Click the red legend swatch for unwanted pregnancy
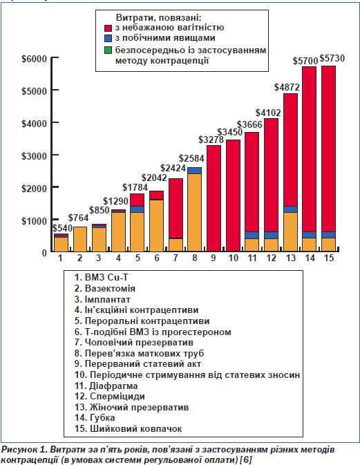[x=108, y=28]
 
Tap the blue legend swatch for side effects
[x=108, y=38]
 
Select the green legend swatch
[x=108, y=50]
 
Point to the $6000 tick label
[x=34, y=59]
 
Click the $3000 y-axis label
[x=34, y=155]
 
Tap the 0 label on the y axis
[x=44, y=253]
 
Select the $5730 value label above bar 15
[x=332, y=58]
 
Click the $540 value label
[x=63, y=228]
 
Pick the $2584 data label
[x=191, y=158]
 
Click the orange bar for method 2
[x=80, y=239]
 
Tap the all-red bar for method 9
[x=214, y=198]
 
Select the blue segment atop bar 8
[x=194, y=171]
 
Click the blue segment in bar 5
[x=137, y=209]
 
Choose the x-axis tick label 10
[x=233, y=258]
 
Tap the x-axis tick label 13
[x=290, y=258]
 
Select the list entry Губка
[x=95, y=418]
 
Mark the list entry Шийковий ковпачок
[x=128, y=429]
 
